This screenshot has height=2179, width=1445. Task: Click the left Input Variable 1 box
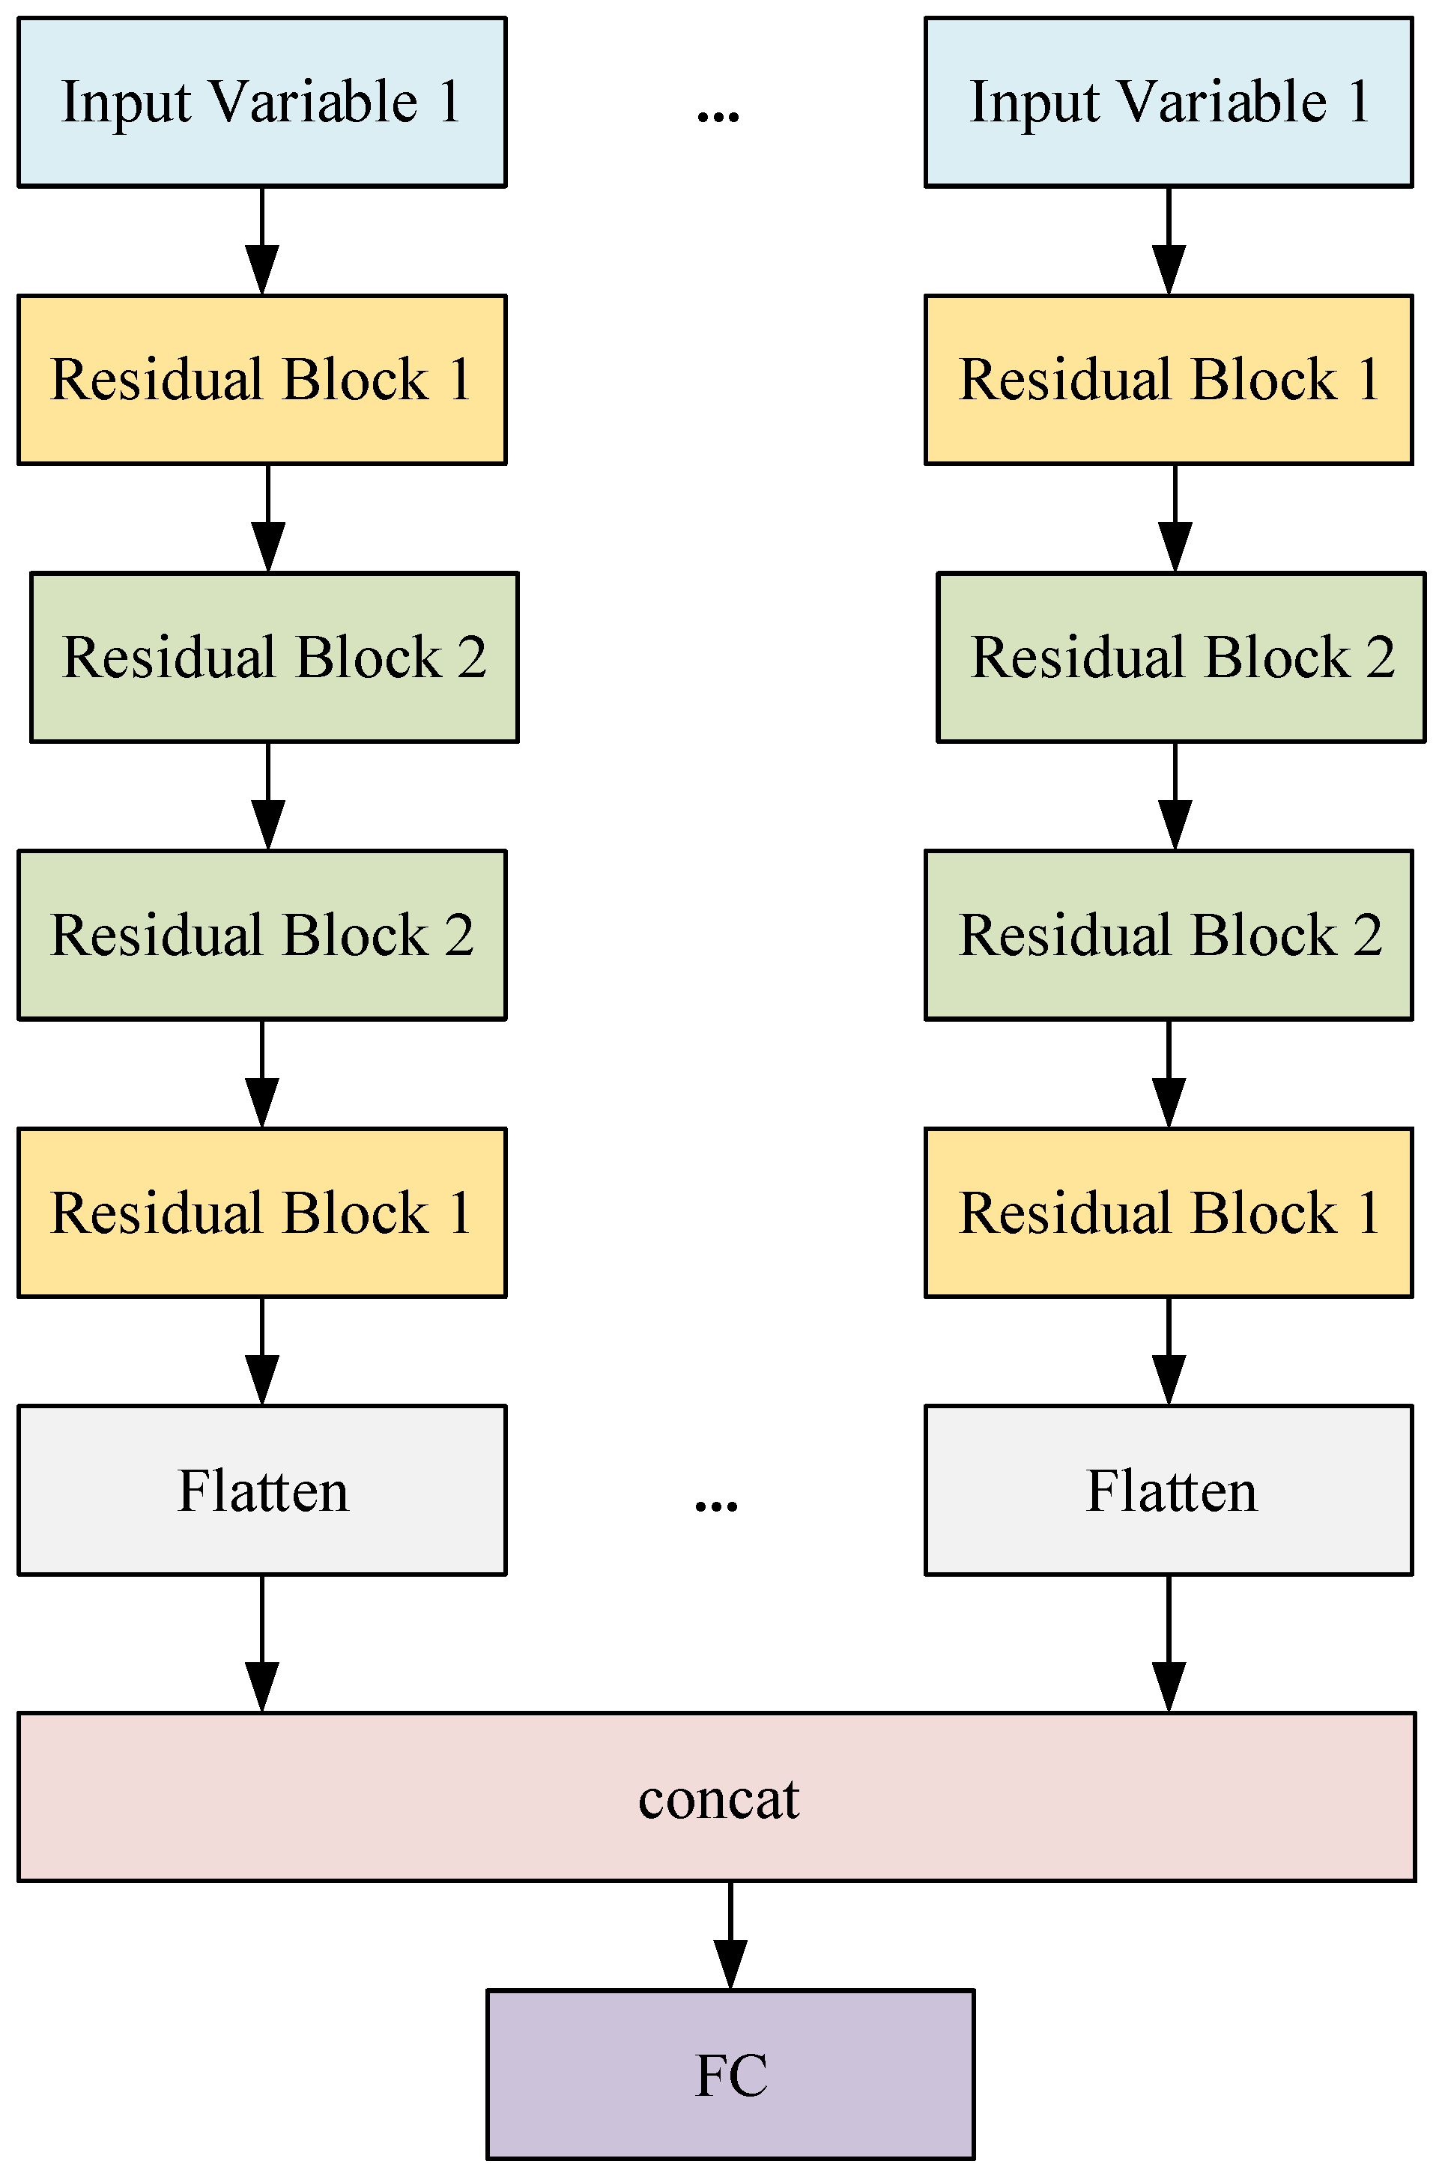[x=261, y=103]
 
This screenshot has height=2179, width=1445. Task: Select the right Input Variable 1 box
[x=1169, y=103]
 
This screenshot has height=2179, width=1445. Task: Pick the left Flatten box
[x=261, y=1490]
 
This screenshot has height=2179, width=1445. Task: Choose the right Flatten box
[x=1169, y=1490]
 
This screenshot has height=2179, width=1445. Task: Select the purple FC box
[x=730, y=2074]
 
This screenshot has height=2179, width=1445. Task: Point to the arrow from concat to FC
[x=730, y=1935]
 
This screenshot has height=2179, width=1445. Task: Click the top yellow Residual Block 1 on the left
[x=261, y=380]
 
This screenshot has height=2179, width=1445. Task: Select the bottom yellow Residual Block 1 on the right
[x=1169, y=1213]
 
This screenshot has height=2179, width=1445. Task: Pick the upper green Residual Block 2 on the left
[x=275, y=657]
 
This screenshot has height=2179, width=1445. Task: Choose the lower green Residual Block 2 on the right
[x=1169, y=934]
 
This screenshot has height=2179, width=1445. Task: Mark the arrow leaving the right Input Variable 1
[x=1169, y=241]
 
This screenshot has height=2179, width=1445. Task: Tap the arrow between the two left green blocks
[x=268, y=796]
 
